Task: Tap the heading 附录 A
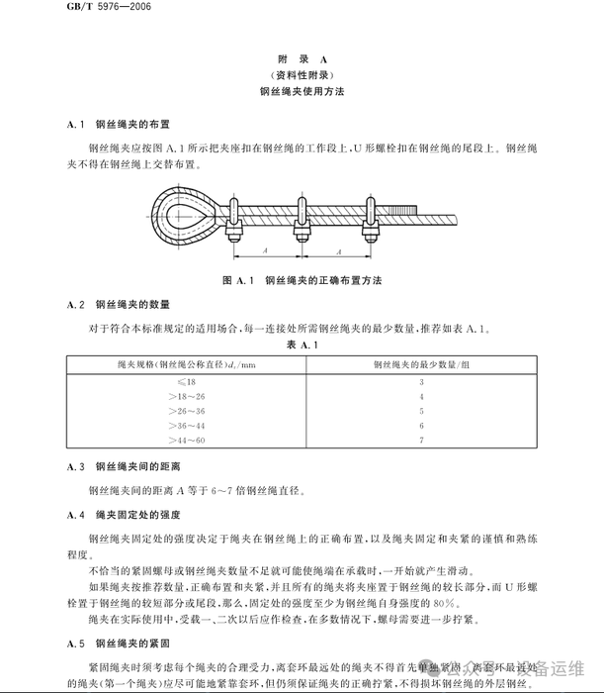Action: click(302, 58)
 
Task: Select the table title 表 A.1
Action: click(301, 345)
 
